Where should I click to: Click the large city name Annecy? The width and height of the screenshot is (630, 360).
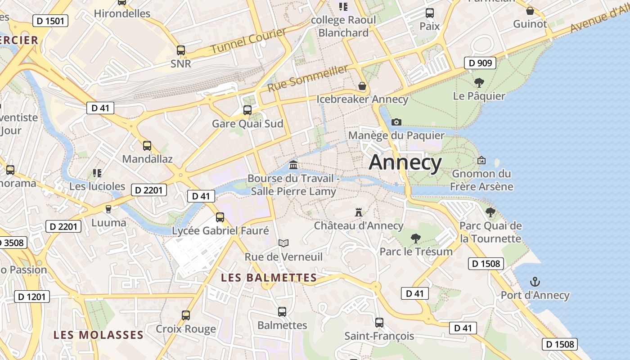pyautogui.click(x=405, y=162)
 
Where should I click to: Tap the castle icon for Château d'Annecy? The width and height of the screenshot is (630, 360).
pyautogui.click(x=359, y=212)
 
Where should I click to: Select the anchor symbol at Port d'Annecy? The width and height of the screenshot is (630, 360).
pyautogui.click(x=535, y=282)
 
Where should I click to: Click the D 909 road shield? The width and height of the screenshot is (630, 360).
pyautogui.click(x=480, y=63)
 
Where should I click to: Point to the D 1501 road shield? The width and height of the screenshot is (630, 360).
pyautogui.click(x=50, y=20)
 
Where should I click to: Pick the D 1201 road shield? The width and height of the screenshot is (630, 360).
pyautogui.click(x=32, y=297)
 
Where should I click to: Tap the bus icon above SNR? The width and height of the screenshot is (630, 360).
pyautogui.click(x=181, y=50)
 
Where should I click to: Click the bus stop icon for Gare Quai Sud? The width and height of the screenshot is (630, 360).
pyautogui.click(x=247, y=110)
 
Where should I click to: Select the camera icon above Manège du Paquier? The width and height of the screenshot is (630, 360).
pyautogui.click(x=396, y=122)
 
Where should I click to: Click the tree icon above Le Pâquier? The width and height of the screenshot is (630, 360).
pyautogui.click(x=479, y=83)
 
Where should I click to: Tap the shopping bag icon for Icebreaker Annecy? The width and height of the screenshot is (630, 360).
pyautogui.click(x=362, y=86)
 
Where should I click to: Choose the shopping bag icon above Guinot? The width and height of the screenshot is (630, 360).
pyautogui.click(x=530, y=11)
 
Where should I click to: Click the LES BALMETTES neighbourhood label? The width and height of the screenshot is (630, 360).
pyautogui.click(x=269, y=278)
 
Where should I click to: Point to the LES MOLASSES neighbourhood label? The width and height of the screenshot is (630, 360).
pyautogui.click(x=99, y=335)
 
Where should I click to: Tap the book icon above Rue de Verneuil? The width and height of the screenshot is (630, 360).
pyautogui.click(x=283, y=243)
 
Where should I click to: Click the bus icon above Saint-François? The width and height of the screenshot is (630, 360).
pyautogui.click(x=379, y=322)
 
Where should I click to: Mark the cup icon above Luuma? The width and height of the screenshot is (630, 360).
pyautogui.click(x=108, y=209)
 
